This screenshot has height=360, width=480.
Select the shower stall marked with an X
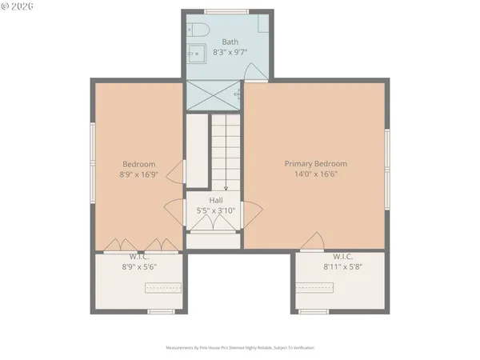(x=214, y=94)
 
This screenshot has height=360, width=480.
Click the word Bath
(x=230, y=42)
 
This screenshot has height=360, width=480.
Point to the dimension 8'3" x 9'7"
(x=230, y=52)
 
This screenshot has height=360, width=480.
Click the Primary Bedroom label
(x=316, y=163)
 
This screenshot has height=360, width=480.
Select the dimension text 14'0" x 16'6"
(x=316, y=174)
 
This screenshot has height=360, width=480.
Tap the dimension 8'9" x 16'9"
(x=138, y=174)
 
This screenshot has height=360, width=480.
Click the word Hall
(x=216, y=200)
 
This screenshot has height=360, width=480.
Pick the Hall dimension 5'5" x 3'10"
(x=216, y=210)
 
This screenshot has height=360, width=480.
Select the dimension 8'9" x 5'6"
(x=138, y=266)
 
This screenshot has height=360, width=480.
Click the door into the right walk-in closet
(x=314, y=240)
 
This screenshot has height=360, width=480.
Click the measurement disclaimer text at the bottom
(x=240, y=348)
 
